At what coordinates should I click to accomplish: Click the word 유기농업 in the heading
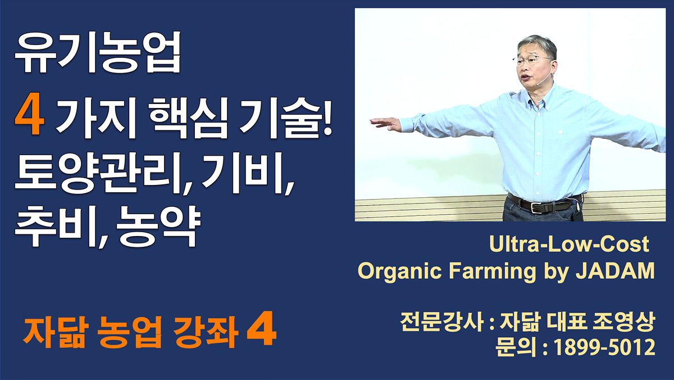click(98, 52)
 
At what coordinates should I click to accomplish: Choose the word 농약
click(158, 227)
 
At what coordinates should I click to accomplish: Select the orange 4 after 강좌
click(261, 329)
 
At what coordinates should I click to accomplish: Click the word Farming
click(492, 272)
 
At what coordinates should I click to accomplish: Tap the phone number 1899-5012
click(604, 347)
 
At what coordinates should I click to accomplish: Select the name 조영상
click(624, 322)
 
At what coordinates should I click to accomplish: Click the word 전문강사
click(441, 322)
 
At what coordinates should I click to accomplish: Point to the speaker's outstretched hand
click(386, 124)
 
